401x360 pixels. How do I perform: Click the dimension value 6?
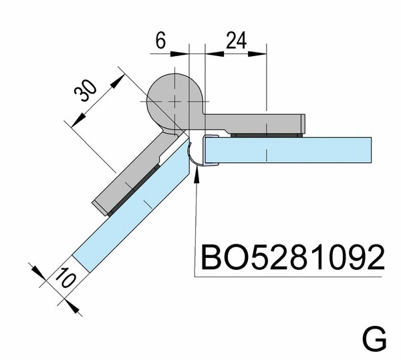tap(161, 40)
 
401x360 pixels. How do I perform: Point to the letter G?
tap(374, 339)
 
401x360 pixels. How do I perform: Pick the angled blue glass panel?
tap(134, 214)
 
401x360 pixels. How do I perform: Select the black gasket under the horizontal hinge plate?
tap(267, 136)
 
